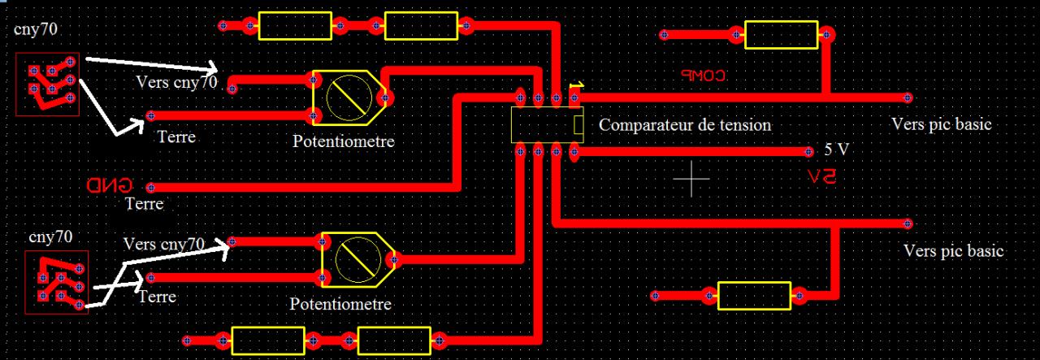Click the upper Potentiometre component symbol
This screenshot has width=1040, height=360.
(345, 98)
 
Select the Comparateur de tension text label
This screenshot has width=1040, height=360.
(684, 125)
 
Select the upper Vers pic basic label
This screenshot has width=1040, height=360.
(942, 124)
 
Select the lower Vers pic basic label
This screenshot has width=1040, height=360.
(953, 250)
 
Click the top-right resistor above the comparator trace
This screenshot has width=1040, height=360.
(781, 35)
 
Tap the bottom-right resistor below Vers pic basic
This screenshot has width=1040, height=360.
(754, 296)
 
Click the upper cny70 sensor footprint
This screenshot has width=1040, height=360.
(48, 85)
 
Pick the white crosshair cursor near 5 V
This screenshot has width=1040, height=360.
(692, 179)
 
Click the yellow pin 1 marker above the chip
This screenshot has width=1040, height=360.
(575, 85)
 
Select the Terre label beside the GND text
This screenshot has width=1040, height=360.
(144, 204)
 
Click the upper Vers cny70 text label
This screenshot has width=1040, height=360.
(176, 82)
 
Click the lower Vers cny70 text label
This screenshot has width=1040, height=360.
(163, 243)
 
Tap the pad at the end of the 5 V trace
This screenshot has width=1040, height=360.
(808, 152)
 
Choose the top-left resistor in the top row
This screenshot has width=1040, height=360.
(295, 26)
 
